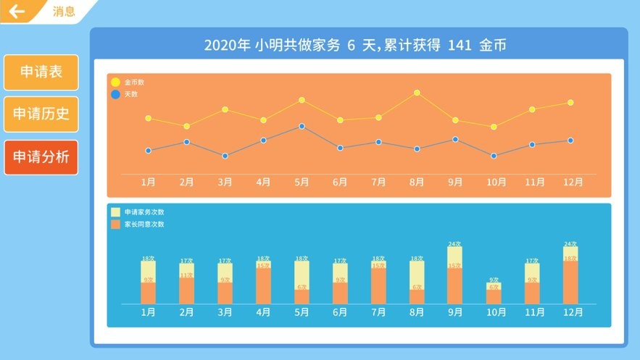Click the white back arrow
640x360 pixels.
(x=17, y=12)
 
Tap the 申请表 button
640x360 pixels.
(x=41, y=72)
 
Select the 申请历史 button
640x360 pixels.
(x=41, y=114)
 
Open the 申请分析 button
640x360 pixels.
(x=41, y=156)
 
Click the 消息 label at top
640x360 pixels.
(x=64, y=12)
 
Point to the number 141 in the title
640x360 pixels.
(x=460, y=45)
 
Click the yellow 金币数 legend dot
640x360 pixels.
(x=115, y=83)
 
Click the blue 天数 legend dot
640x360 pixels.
(x=115, y=94)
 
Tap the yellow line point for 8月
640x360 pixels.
(x=417, y=93)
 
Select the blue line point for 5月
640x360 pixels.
(x=302, y=126)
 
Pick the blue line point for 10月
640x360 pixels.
(x=494, y=156)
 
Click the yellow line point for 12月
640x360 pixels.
(x=570, y=103)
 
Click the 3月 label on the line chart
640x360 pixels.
(x=225, y=183)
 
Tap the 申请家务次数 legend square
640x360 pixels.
(x=115, y=212)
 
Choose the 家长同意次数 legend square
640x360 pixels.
(x=115, y=225)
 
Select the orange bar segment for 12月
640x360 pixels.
(x=570, y=282)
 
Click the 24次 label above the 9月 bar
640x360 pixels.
(x=454, y=244)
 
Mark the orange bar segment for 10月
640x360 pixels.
(x=494, y=296)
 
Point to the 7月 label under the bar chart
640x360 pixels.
(x=378, y=313)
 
